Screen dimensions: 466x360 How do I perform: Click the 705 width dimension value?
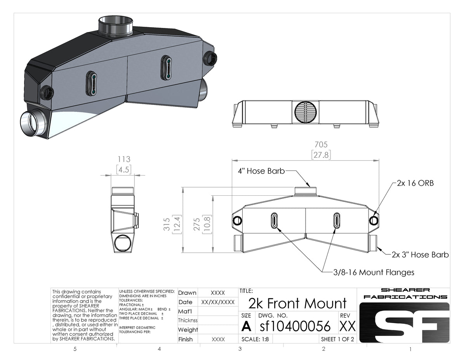pos(321,144)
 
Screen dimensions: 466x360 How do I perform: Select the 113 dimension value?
pos(124,159)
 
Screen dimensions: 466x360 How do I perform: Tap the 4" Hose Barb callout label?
pos(261,171)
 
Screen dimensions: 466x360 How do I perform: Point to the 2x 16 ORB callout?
pos(415,183)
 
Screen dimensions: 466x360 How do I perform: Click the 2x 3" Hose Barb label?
pos(420,255)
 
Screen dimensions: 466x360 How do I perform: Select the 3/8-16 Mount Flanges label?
pos(374,272)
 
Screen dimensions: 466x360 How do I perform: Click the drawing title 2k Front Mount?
pos(297,303)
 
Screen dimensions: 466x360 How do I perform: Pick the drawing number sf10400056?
pos(295,326)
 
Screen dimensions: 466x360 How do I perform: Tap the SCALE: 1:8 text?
pos(255,339)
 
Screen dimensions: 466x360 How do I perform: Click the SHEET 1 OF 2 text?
pos(337,339)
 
